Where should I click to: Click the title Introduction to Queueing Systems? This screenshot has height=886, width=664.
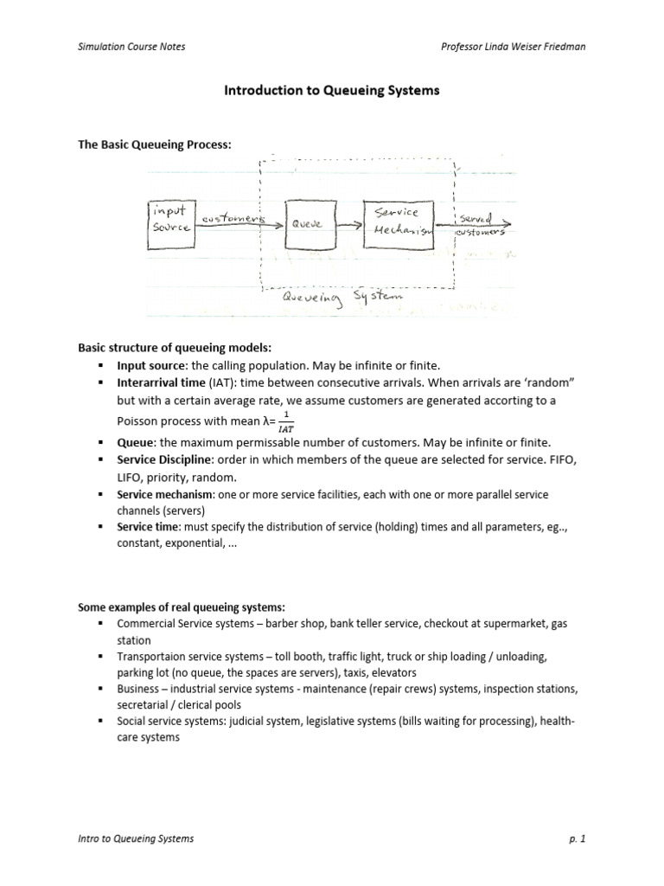(332, 90)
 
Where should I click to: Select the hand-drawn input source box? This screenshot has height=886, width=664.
(171, 224)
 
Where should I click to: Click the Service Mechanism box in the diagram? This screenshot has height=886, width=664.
(399, 223)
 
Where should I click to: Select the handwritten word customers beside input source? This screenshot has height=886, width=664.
(231, 219)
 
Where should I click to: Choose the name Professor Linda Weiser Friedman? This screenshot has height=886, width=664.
(513, 46)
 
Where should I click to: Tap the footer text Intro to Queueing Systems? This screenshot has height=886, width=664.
(136, 838)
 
